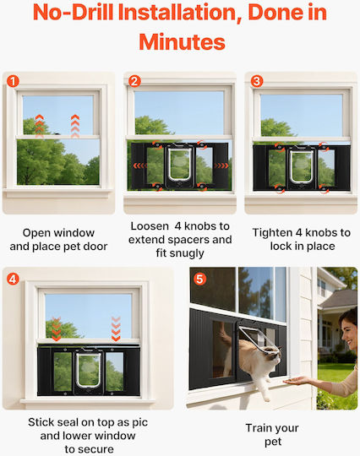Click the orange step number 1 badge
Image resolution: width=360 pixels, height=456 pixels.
point(13,81)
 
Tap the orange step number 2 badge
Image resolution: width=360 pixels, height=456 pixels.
point(134,81)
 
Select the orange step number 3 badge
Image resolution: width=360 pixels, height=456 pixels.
point(256,81)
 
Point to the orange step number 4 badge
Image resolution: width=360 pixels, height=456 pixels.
point(13,279)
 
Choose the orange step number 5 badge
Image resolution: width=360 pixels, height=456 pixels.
point(199,279)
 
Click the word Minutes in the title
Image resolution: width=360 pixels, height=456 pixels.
point(182,42)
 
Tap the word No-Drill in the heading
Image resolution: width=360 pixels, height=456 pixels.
point(73,13)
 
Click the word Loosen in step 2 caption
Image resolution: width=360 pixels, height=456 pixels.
point(150,226)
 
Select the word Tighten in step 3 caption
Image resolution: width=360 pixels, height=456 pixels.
point(272,233)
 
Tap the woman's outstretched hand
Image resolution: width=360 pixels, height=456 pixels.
point(296,380)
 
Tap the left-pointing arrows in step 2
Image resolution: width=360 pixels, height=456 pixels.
point(140,166)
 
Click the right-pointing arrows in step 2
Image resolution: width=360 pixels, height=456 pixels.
point(221,166)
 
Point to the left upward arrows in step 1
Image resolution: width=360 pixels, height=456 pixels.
point(39,126)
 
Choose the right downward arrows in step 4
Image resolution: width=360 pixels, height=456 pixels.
point(116,329)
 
